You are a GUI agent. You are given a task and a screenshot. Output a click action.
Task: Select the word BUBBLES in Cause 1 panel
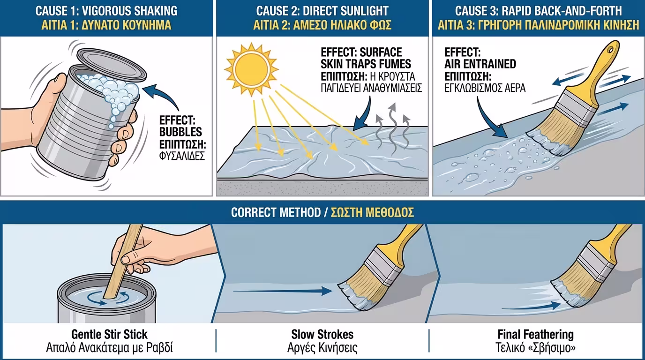tap(180, 131)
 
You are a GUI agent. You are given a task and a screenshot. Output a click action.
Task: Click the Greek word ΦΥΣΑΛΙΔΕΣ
tap(182, 156)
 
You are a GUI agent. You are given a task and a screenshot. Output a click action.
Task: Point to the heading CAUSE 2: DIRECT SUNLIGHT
tap(322, 10)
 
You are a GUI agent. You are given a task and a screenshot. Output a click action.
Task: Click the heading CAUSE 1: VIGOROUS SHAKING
tap(106, 10)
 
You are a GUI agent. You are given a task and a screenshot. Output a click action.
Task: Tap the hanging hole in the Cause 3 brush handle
tap(610, 48)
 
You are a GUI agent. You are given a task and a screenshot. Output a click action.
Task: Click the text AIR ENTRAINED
tap(480, 64)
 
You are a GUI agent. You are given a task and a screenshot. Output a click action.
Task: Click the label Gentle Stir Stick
tap(109, 335)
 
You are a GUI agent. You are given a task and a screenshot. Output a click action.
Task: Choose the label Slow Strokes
tap(322, 335)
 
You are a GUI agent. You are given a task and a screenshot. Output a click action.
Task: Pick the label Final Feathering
tap(535, 335)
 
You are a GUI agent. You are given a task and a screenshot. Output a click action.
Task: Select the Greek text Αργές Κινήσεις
tap(322, 348)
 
